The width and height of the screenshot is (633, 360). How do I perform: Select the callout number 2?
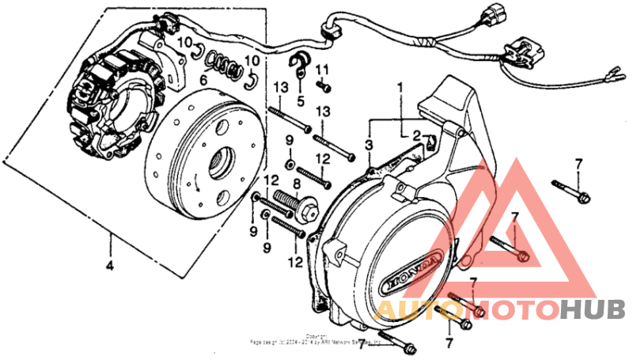(x=415, y=135)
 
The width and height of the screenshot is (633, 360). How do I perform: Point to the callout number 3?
(x=369, y=145)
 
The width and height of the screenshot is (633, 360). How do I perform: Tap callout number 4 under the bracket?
(x=109, y=266)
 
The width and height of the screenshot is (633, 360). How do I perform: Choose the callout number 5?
(x=301, y=100)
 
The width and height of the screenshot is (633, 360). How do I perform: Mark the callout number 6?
(x=203, y=79)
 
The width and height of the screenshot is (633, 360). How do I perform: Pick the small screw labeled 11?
(x=322, y=84)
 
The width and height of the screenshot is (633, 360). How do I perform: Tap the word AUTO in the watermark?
(x=412, y=310)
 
